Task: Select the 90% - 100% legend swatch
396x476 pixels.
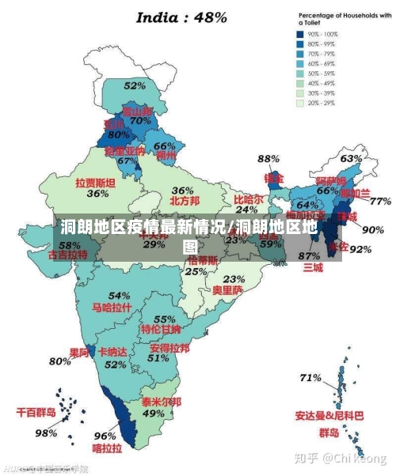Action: click(x=301, y=34)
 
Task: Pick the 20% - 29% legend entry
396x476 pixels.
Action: click(x=301, y=103)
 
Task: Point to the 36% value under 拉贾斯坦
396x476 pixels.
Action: click(x=97, y=193)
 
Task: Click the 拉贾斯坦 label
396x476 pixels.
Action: click(x=96, y=182)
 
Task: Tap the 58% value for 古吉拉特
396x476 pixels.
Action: click(x=70, y=245)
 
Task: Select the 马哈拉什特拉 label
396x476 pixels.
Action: click(x=112, y=307)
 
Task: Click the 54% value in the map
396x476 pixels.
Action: click(x=119, y=296)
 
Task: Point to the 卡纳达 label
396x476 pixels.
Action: click(x=112, y=352)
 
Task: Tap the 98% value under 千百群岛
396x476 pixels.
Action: click(x=46, y=433)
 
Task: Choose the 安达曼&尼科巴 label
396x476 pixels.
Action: click(x=329, y=415)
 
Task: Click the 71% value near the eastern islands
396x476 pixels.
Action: click(x=310, y=378)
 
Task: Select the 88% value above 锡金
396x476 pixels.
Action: click(x=269, y=159)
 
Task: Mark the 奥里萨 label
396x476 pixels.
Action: click(x=227, y=289)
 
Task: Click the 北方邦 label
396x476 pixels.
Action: click(x=183, y=201)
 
